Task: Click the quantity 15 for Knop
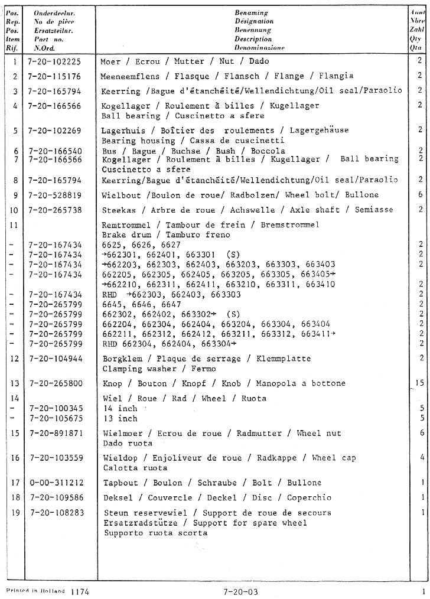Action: [419, 383]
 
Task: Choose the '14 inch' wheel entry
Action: [119, 408]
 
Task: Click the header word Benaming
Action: [251, 12]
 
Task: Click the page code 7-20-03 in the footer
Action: [240, 590]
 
